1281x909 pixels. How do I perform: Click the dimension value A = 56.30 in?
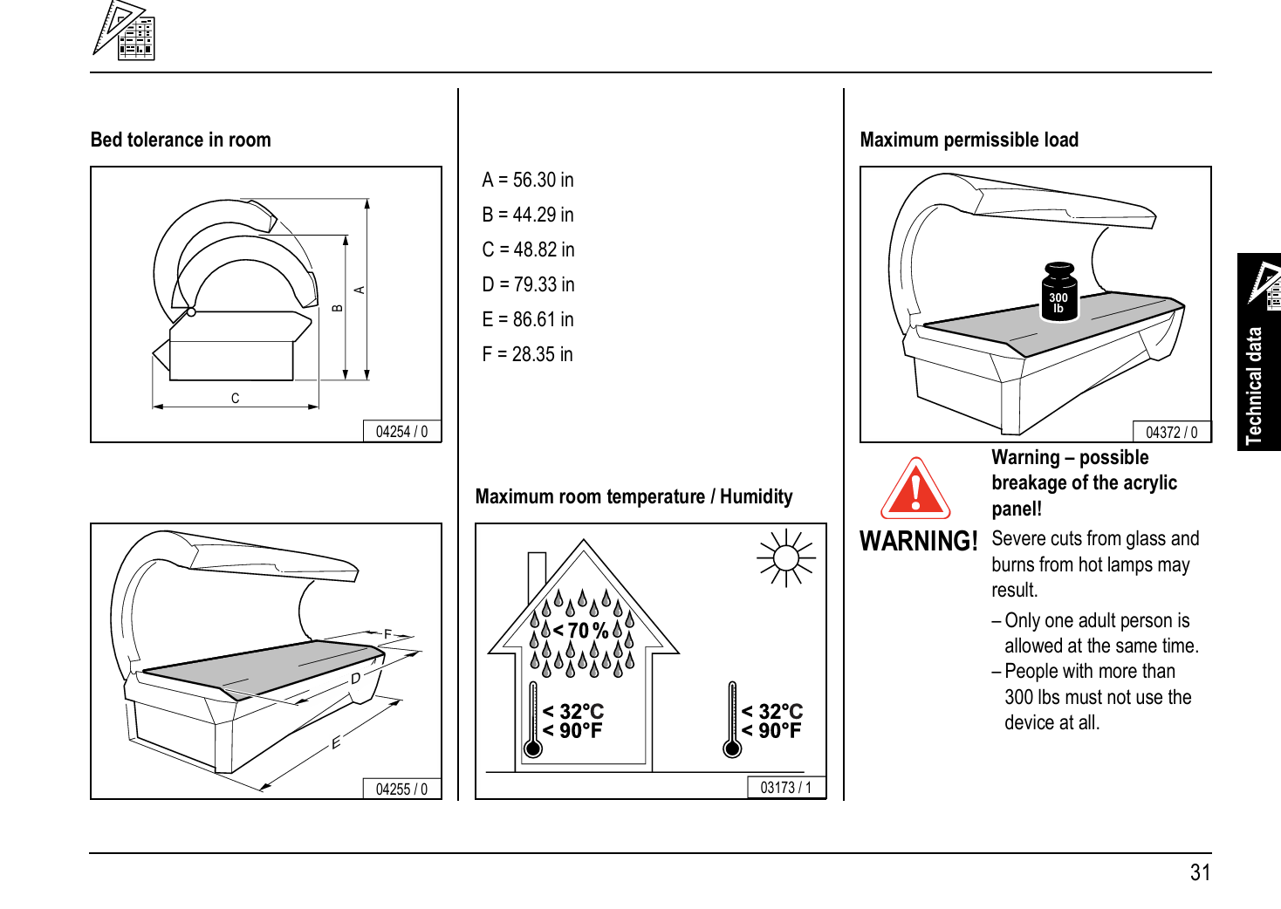pos(528,180)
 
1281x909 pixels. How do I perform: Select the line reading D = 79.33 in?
pos(528,284)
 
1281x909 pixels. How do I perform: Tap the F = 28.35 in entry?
pos(527,354)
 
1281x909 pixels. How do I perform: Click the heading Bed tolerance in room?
pos(181,140)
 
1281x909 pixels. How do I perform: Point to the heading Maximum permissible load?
pos(969,140)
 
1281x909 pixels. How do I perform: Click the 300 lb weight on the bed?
pos(1058,293)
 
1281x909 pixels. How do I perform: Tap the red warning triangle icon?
pos(915,490)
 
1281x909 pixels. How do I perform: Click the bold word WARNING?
pos(919,542)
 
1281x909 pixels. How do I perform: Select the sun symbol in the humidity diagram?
pos(786,557)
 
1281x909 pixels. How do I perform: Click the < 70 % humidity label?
pos(580,630)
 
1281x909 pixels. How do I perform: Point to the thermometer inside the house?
pos(533,721)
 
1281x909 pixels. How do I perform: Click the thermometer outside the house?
pos(732,721)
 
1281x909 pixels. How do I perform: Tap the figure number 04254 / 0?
pos(401,432)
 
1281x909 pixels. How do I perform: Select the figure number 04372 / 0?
pos(1171,433)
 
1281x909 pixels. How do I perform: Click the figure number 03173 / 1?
pos(785,788)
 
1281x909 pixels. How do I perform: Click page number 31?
pos(1200,872)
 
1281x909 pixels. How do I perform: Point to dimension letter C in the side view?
pos(235,399)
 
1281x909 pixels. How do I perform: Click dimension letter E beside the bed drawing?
pos(336,743)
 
